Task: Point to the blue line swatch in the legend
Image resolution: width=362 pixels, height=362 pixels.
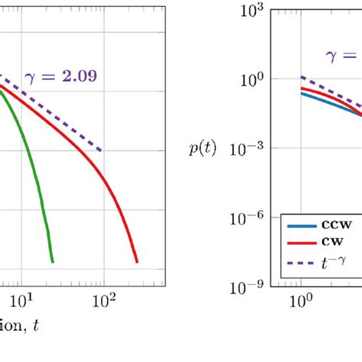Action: [x=302, y=226]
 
